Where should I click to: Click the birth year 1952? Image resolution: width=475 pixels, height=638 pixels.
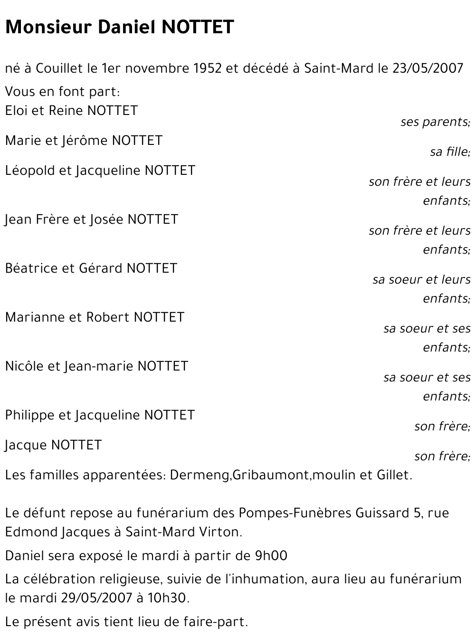[x=208, y=68]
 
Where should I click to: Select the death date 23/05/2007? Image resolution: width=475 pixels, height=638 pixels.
[x=427, y=68]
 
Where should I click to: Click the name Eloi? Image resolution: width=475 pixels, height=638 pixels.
[x=16, y=111]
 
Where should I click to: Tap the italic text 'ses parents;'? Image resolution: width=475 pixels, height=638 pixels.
[x=435, y=122]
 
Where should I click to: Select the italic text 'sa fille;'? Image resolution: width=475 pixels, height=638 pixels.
[x=450, y=152]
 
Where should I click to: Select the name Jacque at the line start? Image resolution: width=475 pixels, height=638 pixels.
[x=26, y=445]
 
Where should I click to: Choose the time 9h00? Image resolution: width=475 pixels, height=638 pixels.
[x=271, y=555]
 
